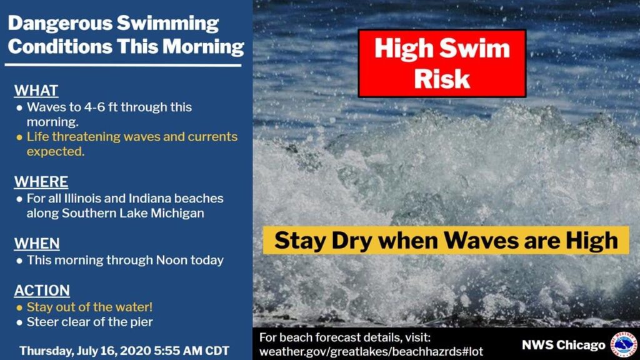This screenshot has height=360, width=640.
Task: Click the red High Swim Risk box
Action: pyautogui.click(x=442, y=63)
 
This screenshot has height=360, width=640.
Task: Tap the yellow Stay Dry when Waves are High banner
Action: pyautogui.click(x=446, y=241)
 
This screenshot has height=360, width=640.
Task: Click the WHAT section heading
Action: pyautogui.click(x=36, y=90)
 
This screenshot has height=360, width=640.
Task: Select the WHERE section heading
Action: pyautogui.click(x=41, y=182)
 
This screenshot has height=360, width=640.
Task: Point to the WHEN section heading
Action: pyautogui.click(x=37, y=243)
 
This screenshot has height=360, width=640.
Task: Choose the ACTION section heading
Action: pyautogui.click(x=42, y=291)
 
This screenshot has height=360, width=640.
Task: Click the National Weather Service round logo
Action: pyautogui.click(x=622, y=345)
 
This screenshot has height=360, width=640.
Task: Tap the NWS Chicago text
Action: pyautogui.click(x=563, y=345)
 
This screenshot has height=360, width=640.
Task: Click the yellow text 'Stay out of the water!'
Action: pyautogui.click(x=89, y=307)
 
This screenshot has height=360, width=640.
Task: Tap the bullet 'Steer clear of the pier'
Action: pyautogui.click(x=89, y=322)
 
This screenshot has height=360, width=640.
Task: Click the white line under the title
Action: pyautogui.click(x=123, y=64)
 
